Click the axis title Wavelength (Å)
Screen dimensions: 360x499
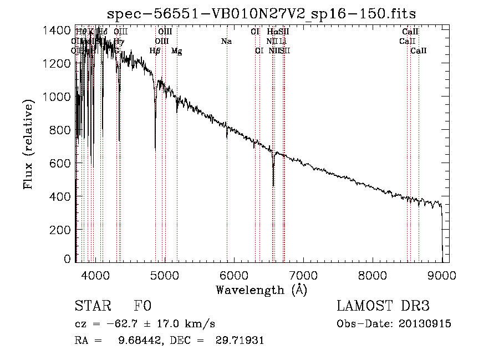pos(261,290)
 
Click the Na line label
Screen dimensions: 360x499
pos(226,42)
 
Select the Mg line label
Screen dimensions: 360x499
pos(176,51)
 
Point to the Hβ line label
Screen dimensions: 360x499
pos(155,51)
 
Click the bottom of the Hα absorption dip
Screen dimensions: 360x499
pos(273,185)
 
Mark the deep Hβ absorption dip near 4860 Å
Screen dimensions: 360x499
pos(155,149)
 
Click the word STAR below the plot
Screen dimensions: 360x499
pos(91,307)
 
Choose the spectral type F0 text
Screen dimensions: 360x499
pos(142,307)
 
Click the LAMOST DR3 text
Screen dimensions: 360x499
pos(383,307)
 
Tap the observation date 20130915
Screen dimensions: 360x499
pos(425,324)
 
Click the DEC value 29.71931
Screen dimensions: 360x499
pos(240,341)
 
